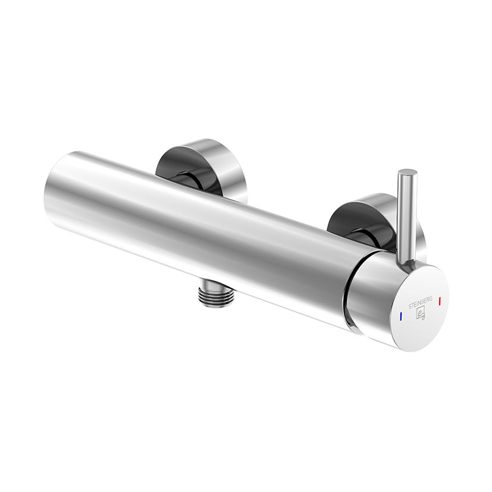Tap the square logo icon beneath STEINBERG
pyautogui.click(x=419, y=310)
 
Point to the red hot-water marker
pyautogui.click(x=440, y=302)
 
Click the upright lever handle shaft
pyautogui.click(x=406, y=220)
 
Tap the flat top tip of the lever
pyautogui.click(x=408, y=173)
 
